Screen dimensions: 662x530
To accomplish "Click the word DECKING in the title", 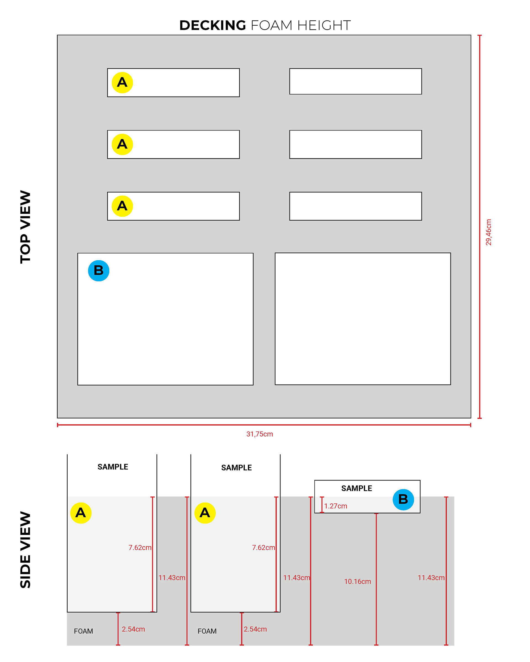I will (x=212, y=25).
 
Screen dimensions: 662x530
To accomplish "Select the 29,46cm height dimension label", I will (x=488, y=232).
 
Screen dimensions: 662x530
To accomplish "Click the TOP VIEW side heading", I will (x=25, y=227).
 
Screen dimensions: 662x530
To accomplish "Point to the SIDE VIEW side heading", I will (x=25, y=550).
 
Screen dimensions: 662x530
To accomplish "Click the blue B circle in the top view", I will (x=99, y=271).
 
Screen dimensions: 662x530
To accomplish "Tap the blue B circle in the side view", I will (x=403, y=500).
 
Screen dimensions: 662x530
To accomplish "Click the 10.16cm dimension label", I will (x=357, y=581).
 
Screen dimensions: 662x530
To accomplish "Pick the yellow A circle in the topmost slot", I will (x=122, y=82).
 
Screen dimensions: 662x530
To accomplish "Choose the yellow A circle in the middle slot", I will (x=122, y=144).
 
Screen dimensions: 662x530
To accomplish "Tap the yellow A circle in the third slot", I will (x=122, y=206).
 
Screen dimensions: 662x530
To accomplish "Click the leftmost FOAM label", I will (x=83, y=631).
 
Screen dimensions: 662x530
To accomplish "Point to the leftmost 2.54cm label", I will (x=133, y=629).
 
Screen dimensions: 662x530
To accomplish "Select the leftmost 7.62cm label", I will (x=140, y=548).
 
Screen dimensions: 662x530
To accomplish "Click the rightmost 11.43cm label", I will (x=431, y=578).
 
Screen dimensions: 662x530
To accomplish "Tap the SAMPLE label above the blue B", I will (x=356, y=488).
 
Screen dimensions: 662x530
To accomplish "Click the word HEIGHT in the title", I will (x=324, y=25).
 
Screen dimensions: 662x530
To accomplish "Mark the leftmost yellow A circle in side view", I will (x=81, y=513).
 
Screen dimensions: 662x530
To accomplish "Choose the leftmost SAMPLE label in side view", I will (x=113, y=467).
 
